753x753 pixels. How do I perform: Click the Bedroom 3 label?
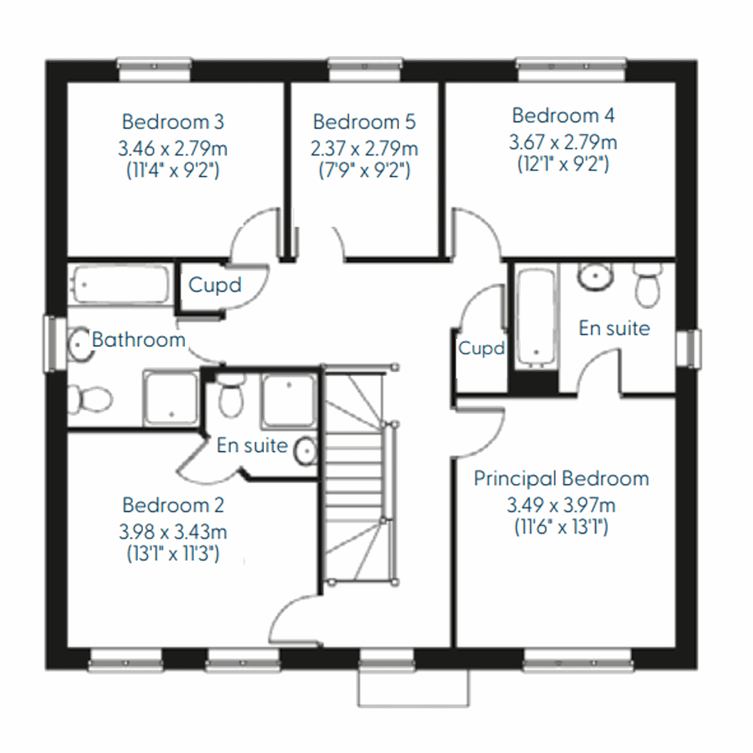[173, 122]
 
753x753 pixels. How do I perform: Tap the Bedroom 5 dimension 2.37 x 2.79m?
[364, 149]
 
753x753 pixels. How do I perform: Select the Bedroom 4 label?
[563, 115]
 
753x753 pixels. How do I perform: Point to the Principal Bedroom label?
[561, 479]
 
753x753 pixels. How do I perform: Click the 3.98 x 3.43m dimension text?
[173, 532]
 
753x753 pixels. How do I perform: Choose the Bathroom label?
[139, 340]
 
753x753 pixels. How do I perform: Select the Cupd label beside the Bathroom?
[215, 285]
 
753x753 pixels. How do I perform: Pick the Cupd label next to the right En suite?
[481, 348]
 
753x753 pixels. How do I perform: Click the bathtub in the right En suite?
[536, 318]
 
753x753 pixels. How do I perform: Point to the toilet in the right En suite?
[647, 284]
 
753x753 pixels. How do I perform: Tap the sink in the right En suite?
[595, 275]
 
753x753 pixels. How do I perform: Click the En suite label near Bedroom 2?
[252, 446]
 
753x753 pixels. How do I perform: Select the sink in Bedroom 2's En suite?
[306, 451]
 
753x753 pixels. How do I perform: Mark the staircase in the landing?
[355, 477]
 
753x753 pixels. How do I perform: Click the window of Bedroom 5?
[365, 70]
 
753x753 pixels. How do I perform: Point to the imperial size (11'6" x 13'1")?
[561, 527]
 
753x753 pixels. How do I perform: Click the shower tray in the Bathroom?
[171, 398]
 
